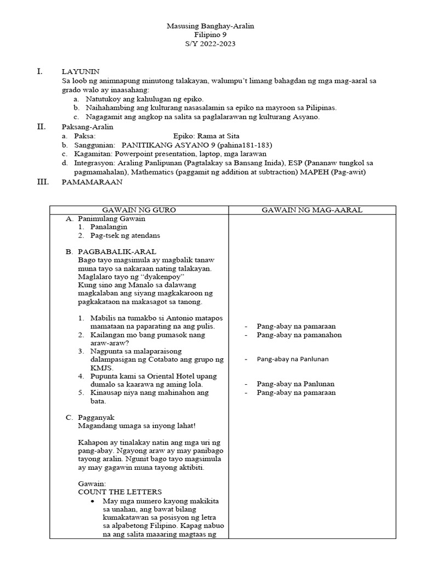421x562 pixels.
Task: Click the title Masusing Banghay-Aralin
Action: tap(210, 26)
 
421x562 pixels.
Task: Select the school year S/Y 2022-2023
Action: tap(210, 44)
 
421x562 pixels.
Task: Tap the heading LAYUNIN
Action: tap(80, 72)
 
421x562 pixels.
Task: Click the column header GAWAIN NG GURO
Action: tap(139, 210)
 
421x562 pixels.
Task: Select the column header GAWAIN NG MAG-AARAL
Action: tap(311, 210)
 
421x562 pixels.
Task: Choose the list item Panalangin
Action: tap(109, 226)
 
